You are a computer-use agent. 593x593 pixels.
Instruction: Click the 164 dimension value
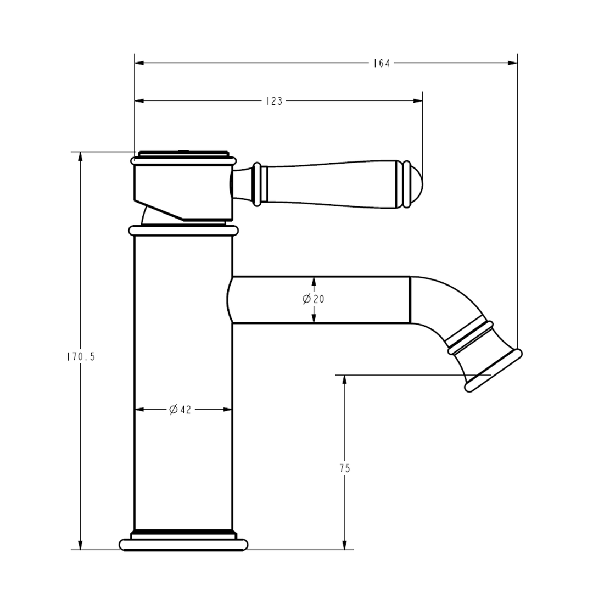[x=381, y=63]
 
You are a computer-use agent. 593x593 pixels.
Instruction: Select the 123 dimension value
[x=274, y=101]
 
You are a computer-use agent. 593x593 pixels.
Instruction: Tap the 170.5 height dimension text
[x=81, y=357]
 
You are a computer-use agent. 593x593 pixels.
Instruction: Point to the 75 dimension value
[x=344, y=468]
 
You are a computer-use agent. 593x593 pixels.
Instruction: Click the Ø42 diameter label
[x=180, y=410]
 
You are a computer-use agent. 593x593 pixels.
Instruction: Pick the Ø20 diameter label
[x=314, y=299]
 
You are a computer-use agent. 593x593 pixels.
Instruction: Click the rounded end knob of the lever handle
[x=416, y=185]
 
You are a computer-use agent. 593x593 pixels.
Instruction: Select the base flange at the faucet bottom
[x=183, y=544]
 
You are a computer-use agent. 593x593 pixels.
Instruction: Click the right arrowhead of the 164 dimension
[x=513, y=63]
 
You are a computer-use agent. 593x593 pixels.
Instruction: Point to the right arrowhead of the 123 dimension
[x=418, y=101]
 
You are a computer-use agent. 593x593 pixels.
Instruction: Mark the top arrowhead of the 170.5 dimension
[x=81, y=156]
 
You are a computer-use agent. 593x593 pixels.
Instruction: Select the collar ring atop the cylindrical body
[x=183, y=231]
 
